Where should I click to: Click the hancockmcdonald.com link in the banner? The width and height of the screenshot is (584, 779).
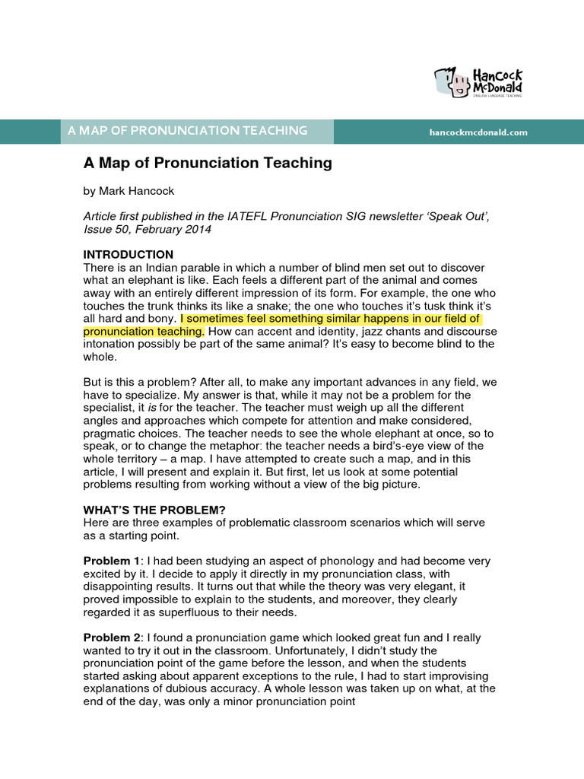[x=478, y=132]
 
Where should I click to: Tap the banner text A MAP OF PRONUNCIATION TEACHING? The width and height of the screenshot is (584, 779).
[x=187, y=131]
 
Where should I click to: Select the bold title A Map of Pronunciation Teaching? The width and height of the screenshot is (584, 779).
[x=208, y=163]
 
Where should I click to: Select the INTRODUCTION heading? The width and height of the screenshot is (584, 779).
[x=128, y=254]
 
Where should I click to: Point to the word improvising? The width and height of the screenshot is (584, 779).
[x=447, y=676]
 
